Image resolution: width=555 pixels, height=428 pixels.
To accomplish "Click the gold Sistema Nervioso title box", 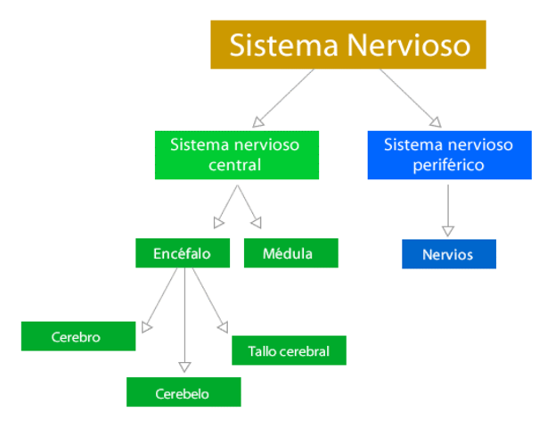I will click(348, 45).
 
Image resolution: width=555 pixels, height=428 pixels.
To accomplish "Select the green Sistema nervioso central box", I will click(235, 154).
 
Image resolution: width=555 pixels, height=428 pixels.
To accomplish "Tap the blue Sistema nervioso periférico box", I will click(449, 154).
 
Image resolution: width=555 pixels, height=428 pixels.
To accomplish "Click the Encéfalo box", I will click(183, 253).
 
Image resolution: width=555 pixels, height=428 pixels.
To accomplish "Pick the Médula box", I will click(290, 253).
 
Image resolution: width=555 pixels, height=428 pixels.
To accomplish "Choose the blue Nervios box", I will click(448, 254).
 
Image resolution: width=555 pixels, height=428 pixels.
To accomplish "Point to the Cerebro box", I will click(78, 337).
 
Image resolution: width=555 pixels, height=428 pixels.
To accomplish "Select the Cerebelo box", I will click(184, 392).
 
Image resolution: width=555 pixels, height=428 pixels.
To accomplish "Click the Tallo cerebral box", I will click(289, 350).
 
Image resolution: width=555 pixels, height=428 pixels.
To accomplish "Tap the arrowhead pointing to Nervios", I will click(448, 231).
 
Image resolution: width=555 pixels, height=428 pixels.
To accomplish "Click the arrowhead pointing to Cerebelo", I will click(184, 366).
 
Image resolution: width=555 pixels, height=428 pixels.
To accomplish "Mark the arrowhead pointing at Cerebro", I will click(147, 327).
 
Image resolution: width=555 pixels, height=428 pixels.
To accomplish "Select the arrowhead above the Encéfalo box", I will click(219, 223).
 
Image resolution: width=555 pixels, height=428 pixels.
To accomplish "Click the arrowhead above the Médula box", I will click(257, 223).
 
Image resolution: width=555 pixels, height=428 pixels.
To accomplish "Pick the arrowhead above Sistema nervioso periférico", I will click(436, 121).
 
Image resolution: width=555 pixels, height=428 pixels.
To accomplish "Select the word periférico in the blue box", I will click(449, 165).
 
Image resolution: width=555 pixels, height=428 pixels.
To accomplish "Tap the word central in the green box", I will click(235, 165).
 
